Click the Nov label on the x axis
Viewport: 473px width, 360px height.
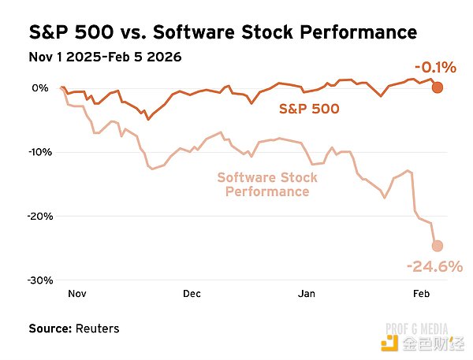[x=77, y=293]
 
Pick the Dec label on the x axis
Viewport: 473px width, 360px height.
[x=192, y=293]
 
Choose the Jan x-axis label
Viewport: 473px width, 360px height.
[x=307, y=293]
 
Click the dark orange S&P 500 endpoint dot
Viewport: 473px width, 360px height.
[x=438, y=87]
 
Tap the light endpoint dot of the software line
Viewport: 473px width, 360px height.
[x=438, y=246]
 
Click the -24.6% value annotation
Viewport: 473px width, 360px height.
[x=434, y=267]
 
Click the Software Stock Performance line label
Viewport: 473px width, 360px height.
[x=267, y=184]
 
